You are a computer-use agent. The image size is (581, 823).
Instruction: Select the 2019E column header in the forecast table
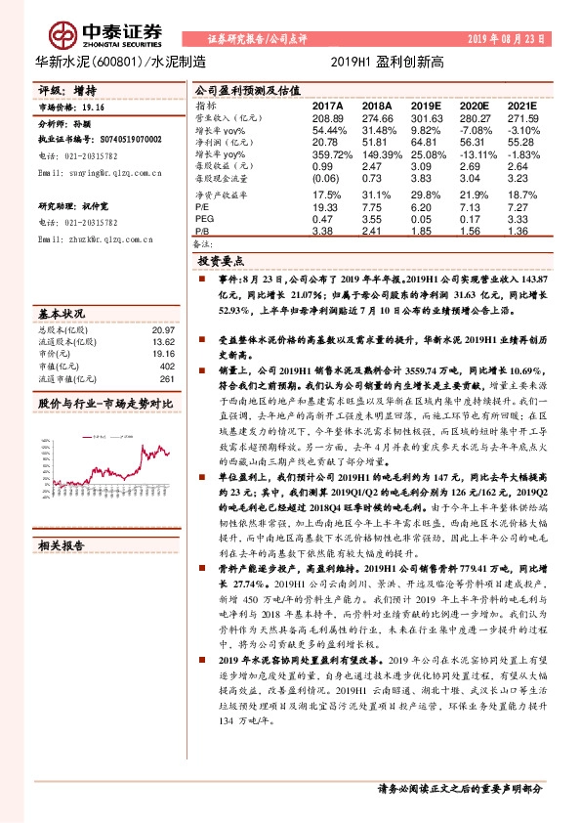pos(426,105)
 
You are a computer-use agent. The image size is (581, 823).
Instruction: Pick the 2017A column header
pos(328,105)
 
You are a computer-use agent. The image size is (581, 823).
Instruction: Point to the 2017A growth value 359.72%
pos(328,153)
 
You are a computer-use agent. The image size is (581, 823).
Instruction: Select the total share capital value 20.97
pos(163,331)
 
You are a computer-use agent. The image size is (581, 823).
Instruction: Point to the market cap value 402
pos(166,366)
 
